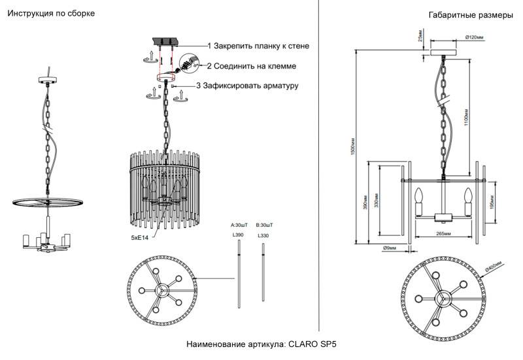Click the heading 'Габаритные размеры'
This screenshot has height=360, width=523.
pos(470,16)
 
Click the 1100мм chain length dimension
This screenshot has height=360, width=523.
pos(465,118)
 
